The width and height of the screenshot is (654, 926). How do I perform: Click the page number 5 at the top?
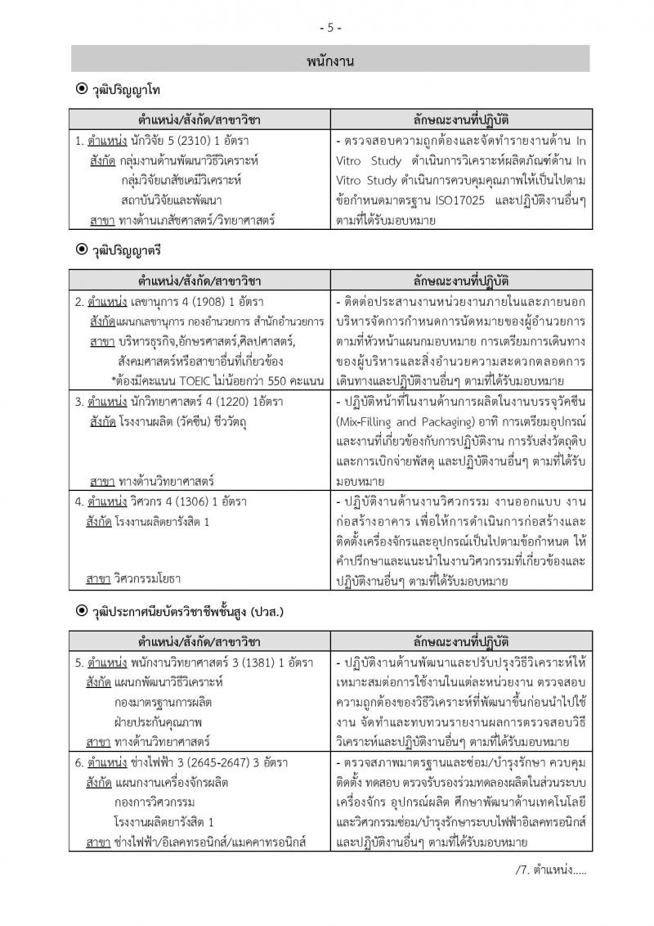[x=330, y=27]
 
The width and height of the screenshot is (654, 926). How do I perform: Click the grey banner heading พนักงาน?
[x=330, y=60]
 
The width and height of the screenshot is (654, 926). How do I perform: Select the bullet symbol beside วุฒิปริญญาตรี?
[x=80, y=249]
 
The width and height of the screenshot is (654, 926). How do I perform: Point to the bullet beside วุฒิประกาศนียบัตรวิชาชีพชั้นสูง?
[x=80, y=610]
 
